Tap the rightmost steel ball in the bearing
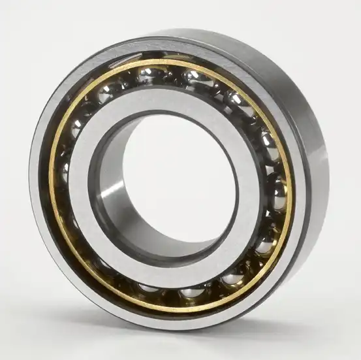[277, 197]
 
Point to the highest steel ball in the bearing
[149, 74]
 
